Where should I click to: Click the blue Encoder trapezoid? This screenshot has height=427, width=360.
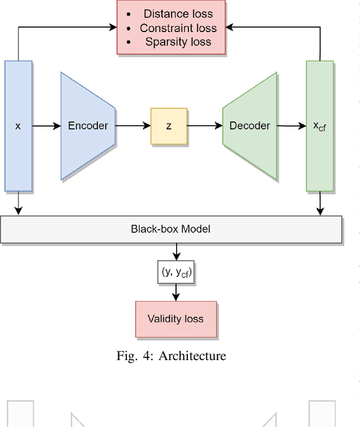coord(88,126)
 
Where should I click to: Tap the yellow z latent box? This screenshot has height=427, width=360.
coord(169,126)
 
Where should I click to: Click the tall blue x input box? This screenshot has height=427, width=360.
coord(18,126)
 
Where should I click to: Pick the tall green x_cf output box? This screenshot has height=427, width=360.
coord(319,126)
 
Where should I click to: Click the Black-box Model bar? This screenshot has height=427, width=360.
coord(171,229)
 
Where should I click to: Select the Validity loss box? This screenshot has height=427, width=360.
coord(175,319)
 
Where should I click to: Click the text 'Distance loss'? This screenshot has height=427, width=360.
coord(177,14)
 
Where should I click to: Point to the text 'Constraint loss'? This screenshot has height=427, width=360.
coord(178,28)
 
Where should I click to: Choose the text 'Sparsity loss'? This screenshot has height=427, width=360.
coord(178,42)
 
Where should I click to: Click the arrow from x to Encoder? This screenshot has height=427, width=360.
coord(46,126)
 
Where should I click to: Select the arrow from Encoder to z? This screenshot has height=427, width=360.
coord(133,126)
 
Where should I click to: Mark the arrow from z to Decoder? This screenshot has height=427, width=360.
coord(205,126)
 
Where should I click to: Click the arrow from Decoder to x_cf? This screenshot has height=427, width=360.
coord(291,126)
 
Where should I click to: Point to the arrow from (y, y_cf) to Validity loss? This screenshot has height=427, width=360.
coord(177,292)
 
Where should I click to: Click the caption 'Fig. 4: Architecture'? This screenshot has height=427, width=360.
coord(171,356)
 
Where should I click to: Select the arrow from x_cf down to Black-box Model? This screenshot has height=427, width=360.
coord(320,203)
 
